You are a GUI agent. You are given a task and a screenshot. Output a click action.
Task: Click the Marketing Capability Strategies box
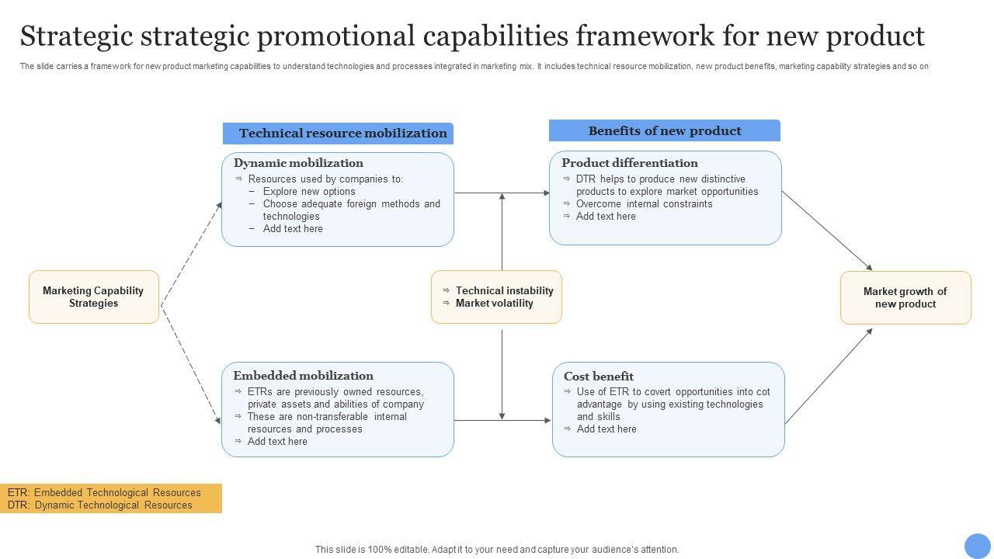94,297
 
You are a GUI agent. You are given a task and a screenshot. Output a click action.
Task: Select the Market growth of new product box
905,297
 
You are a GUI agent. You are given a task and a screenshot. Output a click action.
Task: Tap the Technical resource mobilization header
338,133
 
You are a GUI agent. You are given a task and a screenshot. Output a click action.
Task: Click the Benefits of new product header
664,130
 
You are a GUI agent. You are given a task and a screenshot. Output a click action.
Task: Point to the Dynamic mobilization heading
298,163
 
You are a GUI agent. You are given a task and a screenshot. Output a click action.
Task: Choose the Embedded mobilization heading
303,376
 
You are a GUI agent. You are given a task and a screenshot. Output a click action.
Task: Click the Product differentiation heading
630,163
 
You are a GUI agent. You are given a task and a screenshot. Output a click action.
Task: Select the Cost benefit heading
599,377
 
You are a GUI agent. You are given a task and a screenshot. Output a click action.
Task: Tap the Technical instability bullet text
505,290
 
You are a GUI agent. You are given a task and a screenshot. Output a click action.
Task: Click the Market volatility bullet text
495,303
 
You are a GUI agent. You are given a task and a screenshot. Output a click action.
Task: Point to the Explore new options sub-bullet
309,191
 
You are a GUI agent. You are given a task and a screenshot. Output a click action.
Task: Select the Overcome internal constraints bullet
644,203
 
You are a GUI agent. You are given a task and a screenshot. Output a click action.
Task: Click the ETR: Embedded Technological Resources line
104,492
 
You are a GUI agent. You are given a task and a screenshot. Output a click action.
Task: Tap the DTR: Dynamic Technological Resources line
100,505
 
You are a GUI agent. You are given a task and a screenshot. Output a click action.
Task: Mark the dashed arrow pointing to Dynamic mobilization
191,254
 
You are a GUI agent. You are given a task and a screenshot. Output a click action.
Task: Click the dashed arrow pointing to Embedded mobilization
191,365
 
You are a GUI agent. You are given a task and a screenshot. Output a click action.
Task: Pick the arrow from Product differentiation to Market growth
827,231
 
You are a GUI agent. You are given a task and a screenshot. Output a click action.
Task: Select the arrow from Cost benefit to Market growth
829,377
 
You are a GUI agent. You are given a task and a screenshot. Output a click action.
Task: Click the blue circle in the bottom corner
978,546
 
